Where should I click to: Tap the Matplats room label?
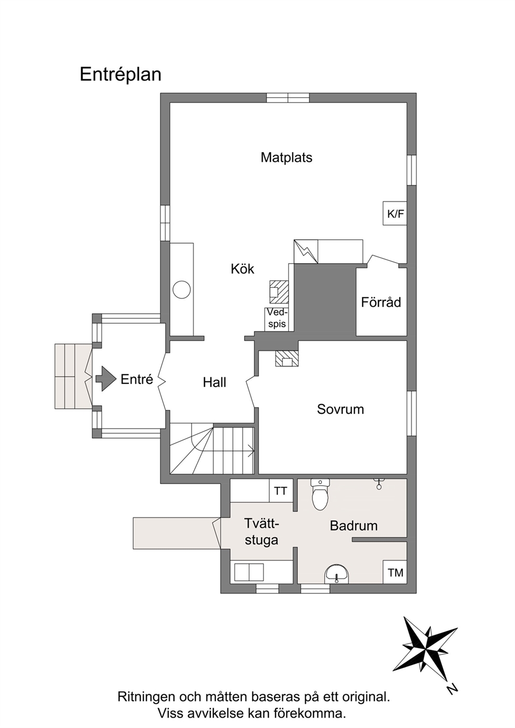click(x=287, y=157)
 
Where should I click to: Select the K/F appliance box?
click(x=395, y=213)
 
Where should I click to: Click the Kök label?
click(x=242, y=269)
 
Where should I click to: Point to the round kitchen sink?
click(x=181, y=289)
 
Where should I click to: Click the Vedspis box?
click(x=277, y=319)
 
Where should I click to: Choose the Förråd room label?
click(x=381, y=302)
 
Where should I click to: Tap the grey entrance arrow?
click(x=106, y=379)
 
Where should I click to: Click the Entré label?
click(x=137, y=379)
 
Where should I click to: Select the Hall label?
click(x=214, y=382)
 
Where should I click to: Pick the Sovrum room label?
click(x=341, y=409)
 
